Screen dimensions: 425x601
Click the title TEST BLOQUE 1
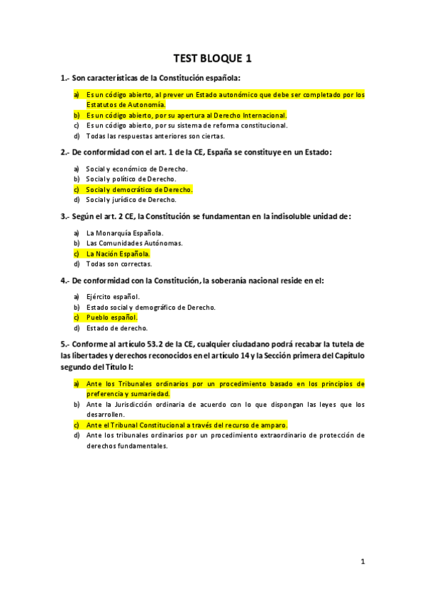pos(212,58)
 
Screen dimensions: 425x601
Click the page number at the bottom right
pos(362,562)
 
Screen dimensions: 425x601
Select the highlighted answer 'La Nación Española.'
pos(118,253)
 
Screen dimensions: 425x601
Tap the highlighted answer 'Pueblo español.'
pos(112,318)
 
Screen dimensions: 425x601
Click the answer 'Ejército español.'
pos(113,296)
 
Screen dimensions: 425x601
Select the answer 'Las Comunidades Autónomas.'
pos(134,243)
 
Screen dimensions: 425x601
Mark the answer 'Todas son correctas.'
pos(119,264)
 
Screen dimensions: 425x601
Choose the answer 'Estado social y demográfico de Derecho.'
pos(151,307)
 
